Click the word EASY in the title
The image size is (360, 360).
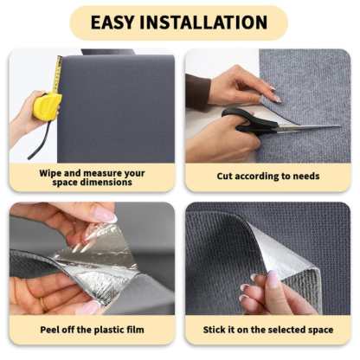click(118, 22)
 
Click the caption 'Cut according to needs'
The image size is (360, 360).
click(268, 177)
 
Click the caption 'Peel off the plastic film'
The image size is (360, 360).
click(92, 330)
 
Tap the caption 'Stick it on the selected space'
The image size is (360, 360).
click(268, 330)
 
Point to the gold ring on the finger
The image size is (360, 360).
click(42, 302)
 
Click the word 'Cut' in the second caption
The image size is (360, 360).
click(226, 177)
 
